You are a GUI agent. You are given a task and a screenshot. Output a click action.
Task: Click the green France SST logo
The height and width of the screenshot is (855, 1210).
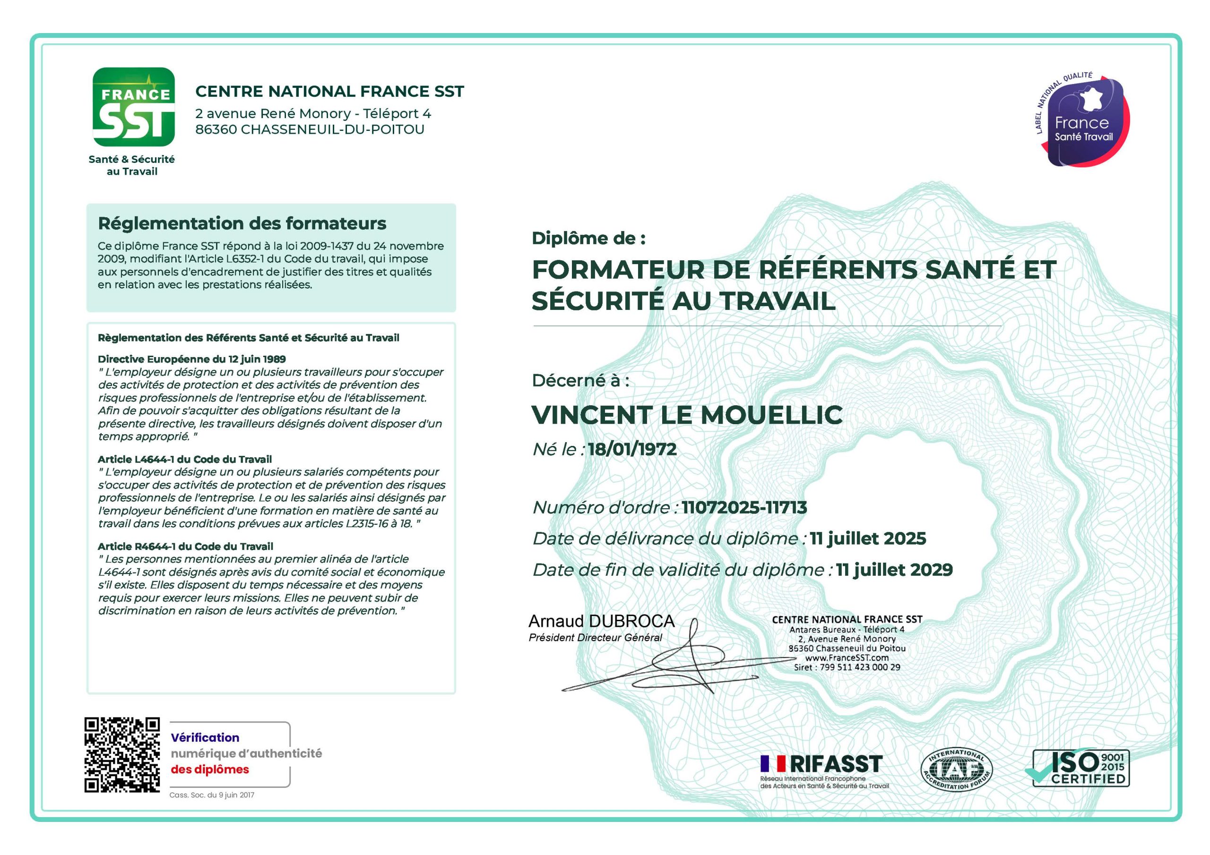133,107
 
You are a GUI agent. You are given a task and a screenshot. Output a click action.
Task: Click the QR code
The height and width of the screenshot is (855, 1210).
122,754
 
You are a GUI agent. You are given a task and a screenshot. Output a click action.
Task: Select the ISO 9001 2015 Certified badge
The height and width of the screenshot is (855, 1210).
1080,768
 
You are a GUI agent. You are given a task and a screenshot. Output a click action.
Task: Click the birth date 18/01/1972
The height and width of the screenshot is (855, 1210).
632,449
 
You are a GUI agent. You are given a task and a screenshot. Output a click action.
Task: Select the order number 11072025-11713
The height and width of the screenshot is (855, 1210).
744,507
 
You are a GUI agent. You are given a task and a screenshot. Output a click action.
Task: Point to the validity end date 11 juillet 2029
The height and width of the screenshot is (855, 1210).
894,570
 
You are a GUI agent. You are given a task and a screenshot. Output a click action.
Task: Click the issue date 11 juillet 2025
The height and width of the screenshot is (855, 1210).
867,539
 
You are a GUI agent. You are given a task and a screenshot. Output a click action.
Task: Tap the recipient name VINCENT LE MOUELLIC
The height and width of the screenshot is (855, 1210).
687,415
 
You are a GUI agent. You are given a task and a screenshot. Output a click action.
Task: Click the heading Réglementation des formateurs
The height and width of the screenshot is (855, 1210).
242,223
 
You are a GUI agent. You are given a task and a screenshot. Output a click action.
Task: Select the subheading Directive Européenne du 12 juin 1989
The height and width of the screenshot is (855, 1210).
192,359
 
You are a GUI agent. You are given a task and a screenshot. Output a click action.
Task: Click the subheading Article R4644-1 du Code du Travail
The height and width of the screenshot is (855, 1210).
185,546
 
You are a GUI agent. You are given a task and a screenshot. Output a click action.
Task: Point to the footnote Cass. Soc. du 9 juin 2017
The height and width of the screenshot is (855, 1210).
212,795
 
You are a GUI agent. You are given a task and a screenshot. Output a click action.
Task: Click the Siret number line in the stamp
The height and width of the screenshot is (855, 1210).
847,667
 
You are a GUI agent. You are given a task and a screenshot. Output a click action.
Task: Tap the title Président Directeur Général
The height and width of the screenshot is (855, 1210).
596,637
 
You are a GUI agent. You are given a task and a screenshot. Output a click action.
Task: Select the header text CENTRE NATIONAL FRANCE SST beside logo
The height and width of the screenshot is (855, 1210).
329,91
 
